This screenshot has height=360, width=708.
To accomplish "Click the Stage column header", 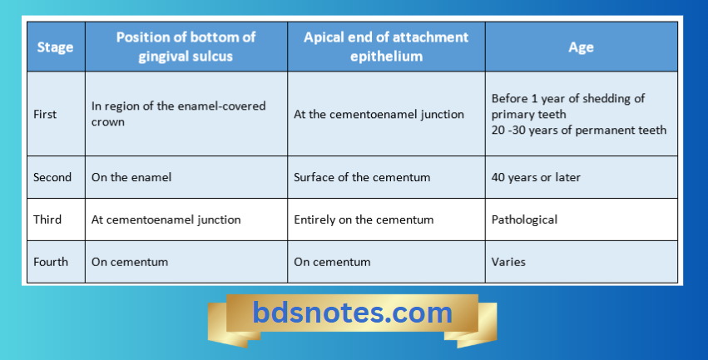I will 55,47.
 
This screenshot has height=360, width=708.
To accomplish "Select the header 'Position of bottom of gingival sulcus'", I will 186,47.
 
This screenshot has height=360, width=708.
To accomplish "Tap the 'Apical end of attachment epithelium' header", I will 386,47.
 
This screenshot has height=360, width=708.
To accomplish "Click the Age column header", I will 581,47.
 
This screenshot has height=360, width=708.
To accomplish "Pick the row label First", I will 46,114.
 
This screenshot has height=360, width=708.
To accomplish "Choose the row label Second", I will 52,177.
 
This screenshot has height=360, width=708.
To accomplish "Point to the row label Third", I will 47,219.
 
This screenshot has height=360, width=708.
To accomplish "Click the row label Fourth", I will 51,262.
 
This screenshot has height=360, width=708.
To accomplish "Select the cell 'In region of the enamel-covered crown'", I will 178,114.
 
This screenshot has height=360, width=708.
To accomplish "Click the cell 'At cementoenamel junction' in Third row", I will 166,219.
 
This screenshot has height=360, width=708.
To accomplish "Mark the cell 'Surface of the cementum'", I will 361,177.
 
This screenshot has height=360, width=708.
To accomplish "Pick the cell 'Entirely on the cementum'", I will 363,219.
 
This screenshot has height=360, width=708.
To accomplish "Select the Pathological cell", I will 525,219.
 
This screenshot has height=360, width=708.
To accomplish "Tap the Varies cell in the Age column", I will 508,262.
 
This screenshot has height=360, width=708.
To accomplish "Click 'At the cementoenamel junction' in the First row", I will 379,114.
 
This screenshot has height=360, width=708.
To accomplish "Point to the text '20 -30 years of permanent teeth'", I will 579,130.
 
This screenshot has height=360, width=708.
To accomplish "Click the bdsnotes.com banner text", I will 352,313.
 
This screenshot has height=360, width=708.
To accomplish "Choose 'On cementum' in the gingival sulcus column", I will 130,262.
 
